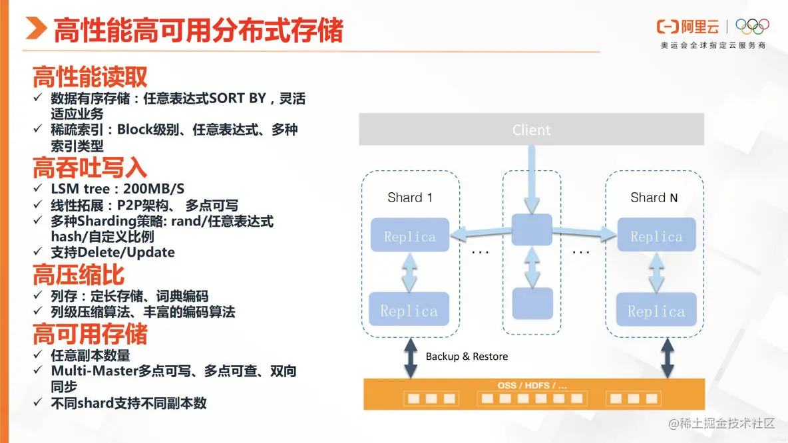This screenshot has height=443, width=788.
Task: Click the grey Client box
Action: [x=531, y=130]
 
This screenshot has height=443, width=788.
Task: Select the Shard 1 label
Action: [x=409, y=198]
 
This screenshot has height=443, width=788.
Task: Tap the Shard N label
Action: [x=654, y=198]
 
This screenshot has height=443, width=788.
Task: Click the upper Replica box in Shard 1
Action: [x=409, y=236]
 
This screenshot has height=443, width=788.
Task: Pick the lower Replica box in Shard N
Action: [x=656, y=311]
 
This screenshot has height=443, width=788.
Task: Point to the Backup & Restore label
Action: [x=467, y=357]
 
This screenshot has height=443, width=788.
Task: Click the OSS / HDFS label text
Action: [x=532, y=385]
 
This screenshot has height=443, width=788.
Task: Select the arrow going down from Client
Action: [x=531, y=176]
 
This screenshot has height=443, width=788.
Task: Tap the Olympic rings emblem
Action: [x=752, y=27]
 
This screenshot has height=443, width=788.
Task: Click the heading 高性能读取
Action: [x=90, y=77]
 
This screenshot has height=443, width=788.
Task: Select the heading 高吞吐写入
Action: [x=90, y=167]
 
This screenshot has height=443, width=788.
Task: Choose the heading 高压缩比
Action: [x=79, y=275]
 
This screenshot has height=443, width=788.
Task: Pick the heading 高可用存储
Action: [x=90, y=333]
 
